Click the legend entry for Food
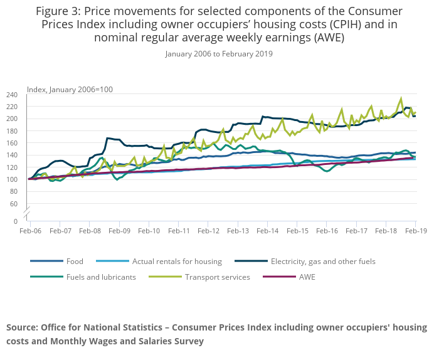(75, 261)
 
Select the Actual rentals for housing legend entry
(177, 261)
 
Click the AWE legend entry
(307, 277)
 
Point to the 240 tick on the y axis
(12, 95)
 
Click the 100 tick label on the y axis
(12, 179)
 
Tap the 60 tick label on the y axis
(14, 204)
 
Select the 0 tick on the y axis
(16, 221)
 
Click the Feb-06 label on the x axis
(29, 231)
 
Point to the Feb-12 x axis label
(208, 231)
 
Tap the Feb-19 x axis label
(415, 231)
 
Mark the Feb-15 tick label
(297, 231)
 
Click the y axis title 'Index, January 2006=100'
(70, 89)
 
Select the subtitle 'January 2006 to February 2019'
(219, 54)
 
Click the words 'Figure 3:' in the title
(60, 11)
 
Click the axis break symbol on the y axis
(28, 213)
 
